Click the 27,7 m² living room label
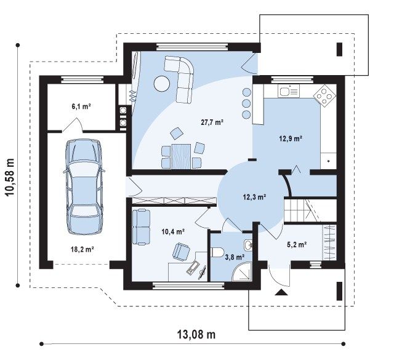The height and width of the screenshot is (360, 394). coord(212,122)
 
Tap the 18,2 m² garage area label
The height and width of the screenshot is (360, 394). coord(82,249)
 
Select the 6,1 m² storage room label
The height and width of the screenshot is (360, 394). coord(81,106)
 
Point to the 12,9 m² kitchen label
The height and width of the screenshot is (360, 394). coord(291,138)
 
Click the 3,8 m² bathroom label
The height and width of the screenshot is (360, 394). coord(235,257)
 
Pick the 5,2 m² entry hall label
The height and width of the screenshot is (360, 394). coord(297,244)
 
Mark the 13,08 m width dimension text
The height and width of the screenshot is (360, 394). coord(196,334)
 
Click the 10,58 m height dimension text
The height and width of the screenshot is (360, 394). coord(10,178)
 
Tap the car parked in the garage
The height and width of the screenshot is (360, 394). coord(84,187)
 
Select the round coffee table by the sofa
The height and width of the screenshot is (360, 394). coord(161,84)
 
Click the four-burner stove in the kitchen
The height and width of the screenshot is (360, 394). coord(324,96)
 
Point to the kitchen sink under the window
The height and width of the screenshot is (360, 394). coord(289,91)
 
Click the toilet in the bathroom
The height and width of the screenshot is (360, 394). coord(217,252)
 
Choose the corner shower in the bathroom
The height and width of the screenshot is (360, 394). coord(241,271)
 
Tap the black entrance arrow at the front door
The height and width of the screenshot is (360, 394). coord(281,292)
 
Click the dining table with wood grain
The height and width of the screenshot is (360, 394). coord(181,156)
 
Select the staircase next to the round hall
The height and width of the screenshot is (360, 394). coord(310,210)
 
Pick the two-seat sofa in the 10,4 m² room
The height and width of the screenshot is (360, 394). coord(141,227)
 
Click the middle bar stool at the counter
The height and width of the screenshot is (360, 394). coord(246,103)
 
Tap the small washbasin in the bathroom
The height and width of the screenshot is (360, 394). coord(247,245)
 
